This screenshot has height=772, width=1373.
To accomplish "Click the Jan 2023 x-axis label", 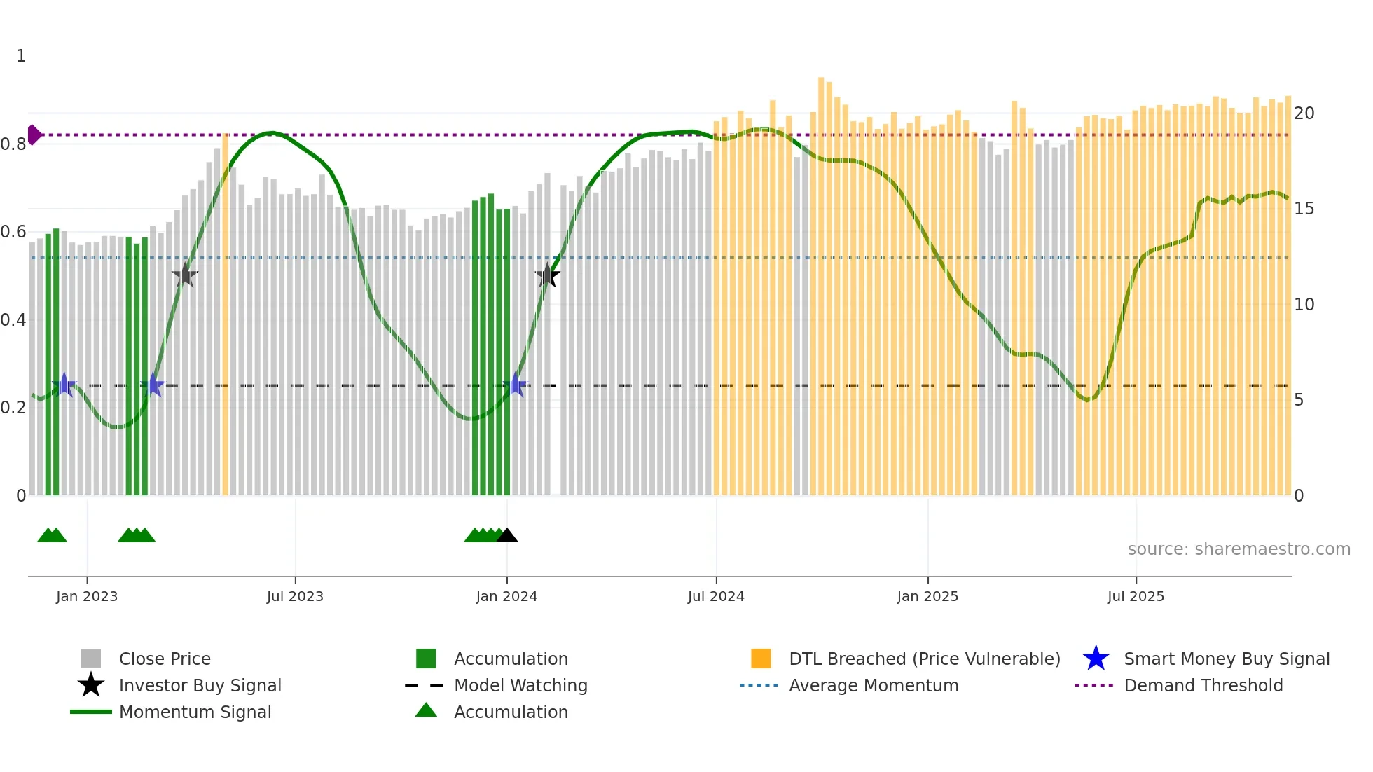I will [x=87, y=597].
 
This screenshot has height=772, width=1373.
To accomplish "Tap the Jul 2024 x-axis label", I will [x=716, y=597].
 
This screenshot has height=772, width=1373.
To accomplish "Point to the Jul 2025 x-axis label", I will [x=1136, y=597].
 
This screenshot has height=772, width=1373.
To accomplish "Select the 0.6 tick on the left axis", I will [x=13, y=232].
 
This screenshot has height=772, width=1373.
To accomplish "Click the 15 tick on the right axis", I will [x=1304, y=209].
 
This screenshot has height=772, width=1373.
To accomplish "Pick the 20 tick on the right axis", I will [x=1304, y=113].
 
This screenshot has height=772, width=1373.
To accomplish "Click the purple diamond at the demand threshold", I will [x=34, y=135].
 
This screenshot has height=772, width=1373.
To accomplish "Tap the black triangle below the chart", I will [x=507, y=536].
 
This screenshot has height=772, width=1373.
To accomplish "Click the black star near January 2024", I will [x=547, y=275].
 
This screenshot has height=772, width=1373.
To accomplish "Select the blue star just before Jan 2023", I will [x=64, y=385].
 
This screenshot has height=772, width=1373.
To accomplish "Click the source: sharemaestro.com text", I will [x=1239, y=549].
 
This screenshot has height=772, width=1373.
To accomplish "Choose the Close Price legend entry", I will [x=165, y=659].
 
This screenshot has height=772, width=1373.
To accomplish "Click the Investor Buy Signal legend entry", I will [x=200, y=686].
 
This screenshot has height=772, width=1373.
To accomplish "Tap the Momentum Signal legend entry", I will [x=195, y=712].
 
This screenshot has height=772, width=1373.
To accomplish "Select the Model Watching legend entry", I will [x=520, y=686].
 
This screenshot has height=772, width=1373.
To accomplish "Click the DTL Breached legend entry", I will [x=924, y=659].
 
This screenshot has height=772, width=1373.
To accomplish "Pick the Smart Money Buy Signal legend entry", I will [x=1226, y=659].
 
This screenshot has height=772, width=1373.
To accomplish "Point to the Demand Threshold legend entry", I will [x=1203, y=686].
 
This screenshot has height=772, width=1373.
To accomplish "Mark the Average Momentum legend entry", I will [x=873, y=686].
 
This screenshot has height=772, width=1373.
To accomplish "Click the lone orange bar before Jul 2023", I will [x=225, y=315].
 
